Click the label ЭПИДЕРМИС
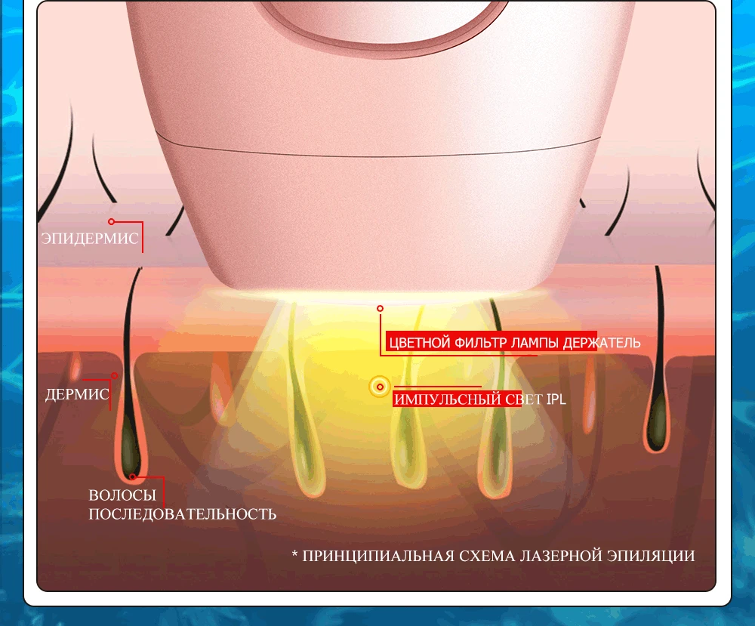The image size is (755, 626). click(90, 239)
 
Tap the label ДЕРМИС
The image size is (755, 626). click(76, 395)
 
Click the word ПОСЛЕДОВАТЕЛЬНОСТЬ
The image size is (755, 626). click(182, 514)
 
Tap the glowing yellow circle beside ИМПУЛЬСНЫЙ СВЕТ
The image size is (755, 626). click(380, 387)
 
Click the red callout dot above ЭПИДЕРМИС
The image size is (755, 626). click(111, 221)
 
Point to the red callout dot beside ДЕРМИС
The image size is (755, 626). click(115, 375)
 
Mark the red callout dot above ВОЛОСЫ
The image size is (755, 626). click(133, 476)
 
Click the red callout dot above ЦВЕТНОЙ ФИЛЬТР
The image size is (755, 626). click(381, 308)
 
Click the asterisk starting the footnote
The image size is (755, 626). click(295, 556)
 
